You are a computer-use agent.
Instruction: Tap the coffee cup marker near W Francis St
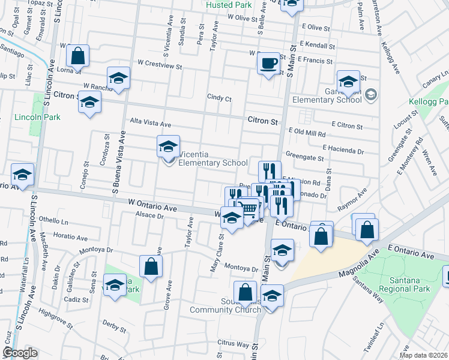click(268, 62)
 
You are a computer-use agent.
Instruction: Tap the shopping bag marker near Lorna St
click(78, 56)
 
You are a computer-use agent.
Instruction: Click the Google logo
click(20, 353)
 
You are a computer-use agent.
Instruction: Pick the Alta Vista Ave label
click(151, 124)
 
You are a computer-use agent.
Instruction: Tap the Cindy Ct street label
click(219, 97)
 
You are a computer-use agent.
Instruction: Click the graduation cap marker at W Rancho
click(119, 78)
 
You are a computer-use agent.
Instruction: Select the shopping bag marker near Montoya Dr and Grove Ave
click(151, 266)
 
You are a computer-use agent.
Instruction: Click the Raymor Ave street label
click(352, 200)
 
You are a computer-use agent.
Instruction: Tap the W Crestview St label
click(159, 63)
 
